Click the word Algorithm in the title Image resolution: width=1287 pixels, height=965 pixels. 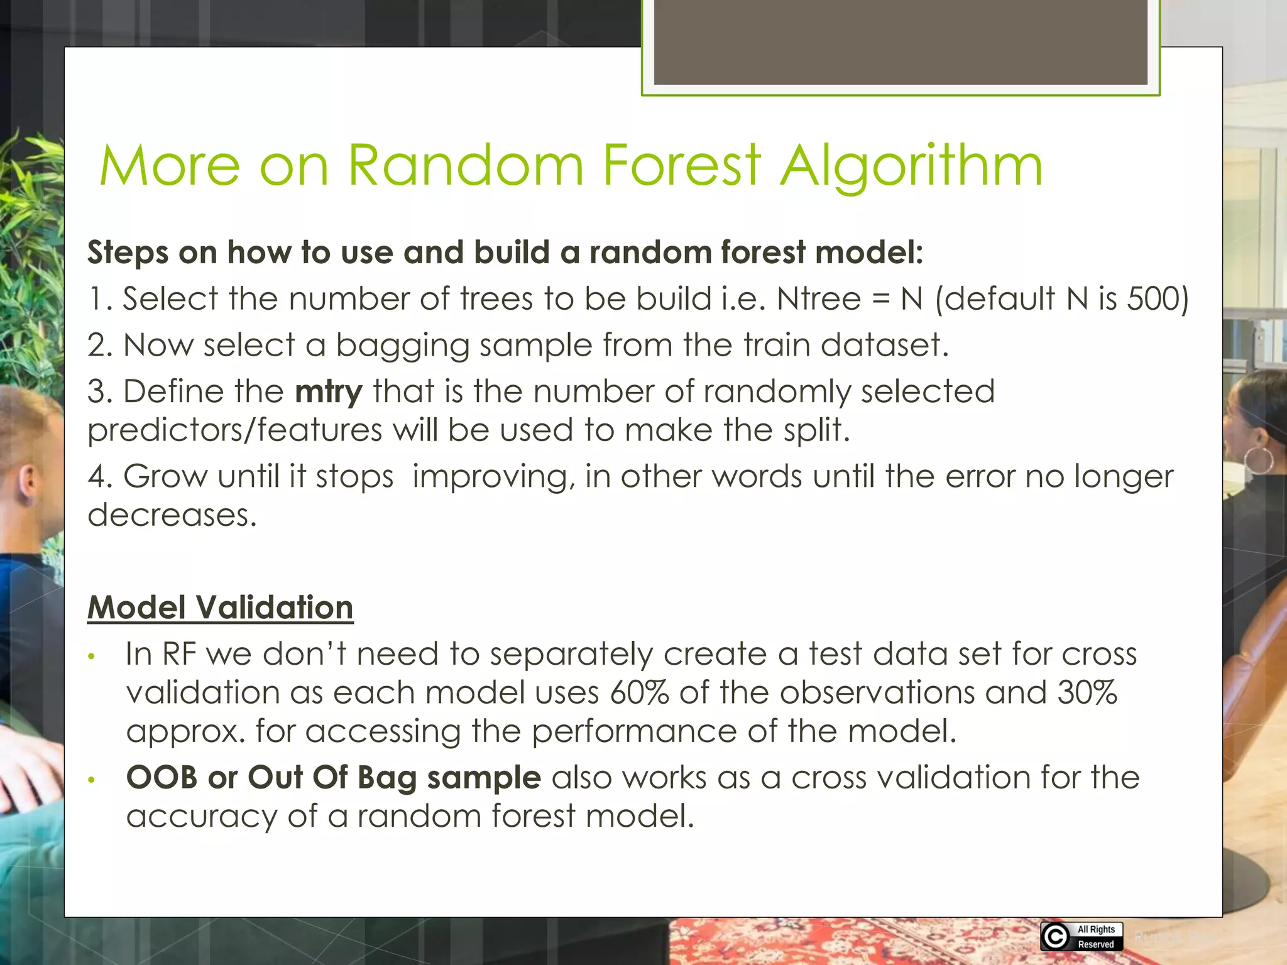point(911,166)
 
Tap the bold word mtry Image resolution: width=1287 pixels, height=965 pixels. point(329,392)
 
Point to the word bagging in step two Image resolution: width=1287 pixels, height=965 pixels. point(402,346)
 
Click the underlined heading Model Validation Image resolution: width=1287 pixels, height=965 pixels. point(220,608)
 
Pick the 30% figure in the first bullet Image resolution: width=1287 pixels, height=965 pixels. point(1087,692)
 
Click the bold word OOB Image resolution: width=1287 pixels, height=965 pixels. point(162,778)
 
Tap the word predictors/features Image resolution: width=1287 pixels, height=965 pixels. point(234,431)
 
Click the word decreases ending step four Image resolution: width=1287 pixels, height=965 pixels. point(172,515)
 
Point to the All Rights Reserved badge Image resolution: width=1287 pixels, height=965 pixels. point(1082,936)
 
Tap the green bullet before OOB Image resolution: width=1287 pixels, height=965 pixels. point(92,780)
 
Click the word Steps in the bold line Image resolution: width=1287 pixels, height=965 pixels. point(128,253)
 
